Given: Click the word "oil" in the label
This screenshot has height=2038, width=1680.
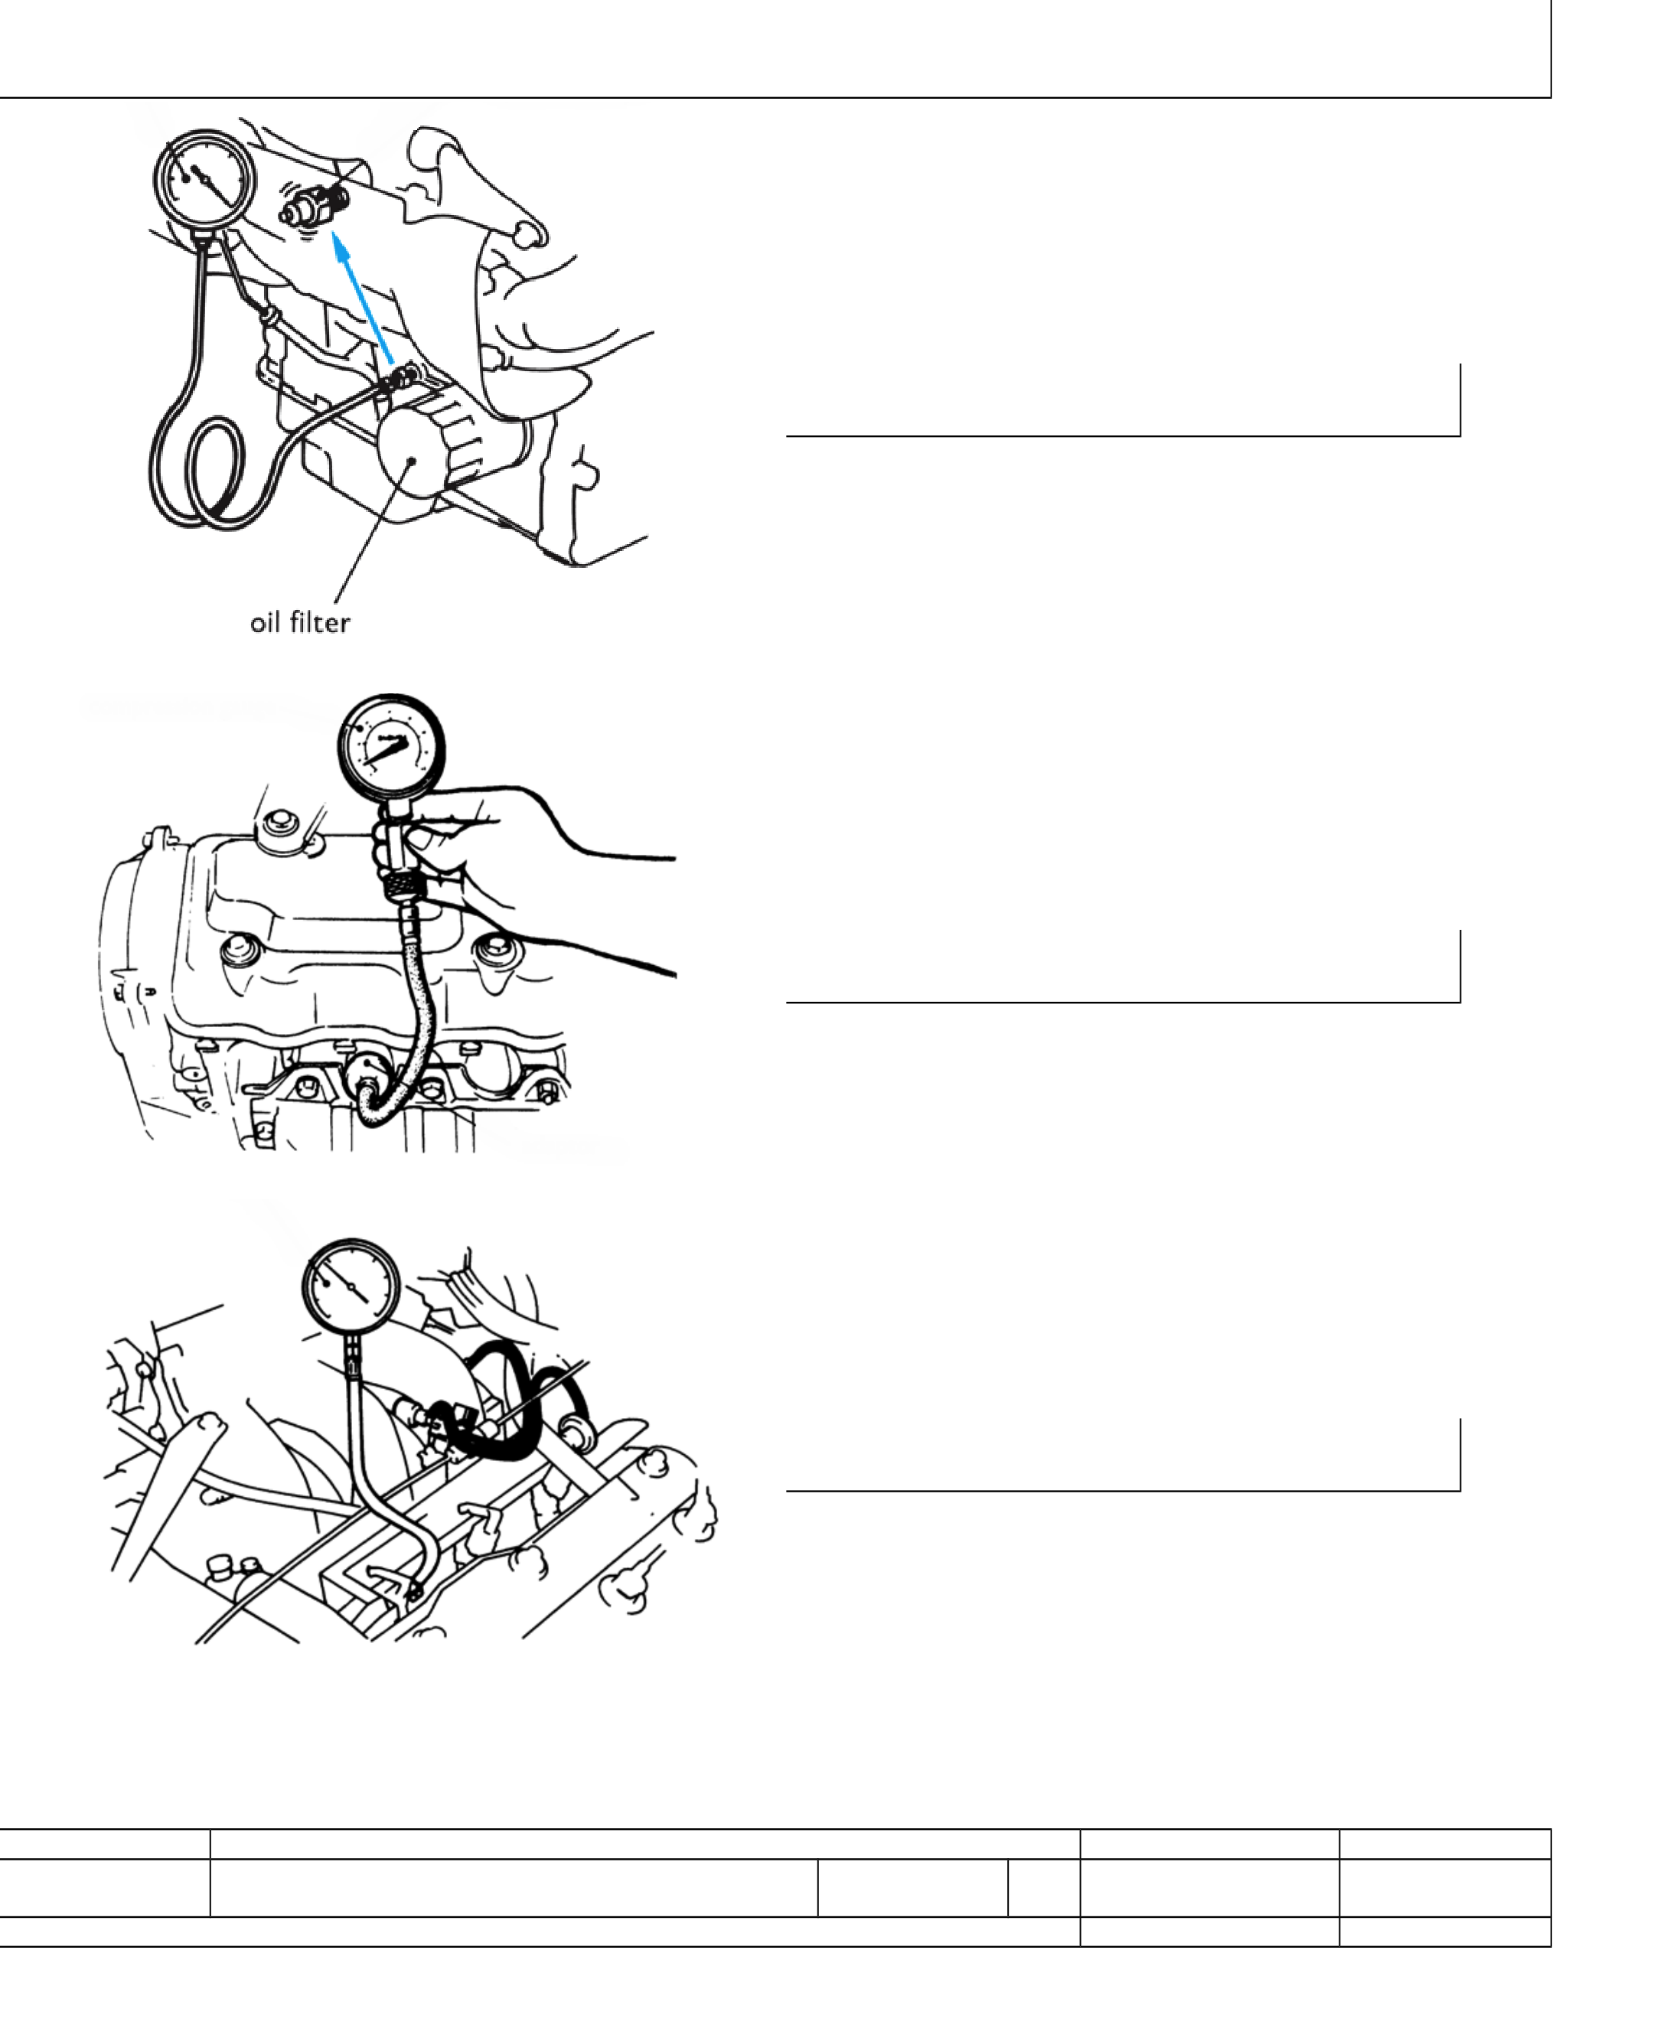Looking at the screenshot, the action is point(265,622).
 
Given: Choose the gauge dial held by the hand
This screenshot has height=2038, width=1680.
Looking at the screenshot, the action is point(391,747).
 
